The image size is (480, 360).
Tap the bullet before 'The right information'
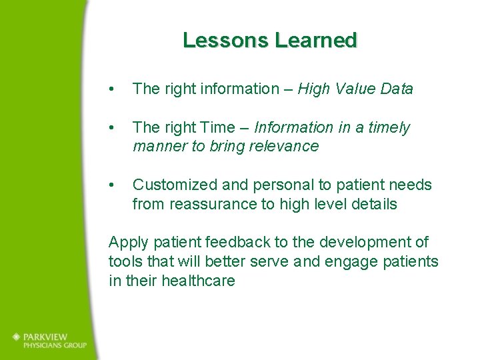(115, 89)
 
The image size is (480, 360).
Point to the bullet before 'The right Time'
(115, 127)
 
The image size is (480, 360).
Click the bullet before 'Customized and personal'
(115, 185)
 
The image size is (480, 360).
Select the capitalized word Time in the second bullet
(219, 127)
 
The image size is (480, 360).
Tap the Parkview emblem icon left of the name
(17, 337)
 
